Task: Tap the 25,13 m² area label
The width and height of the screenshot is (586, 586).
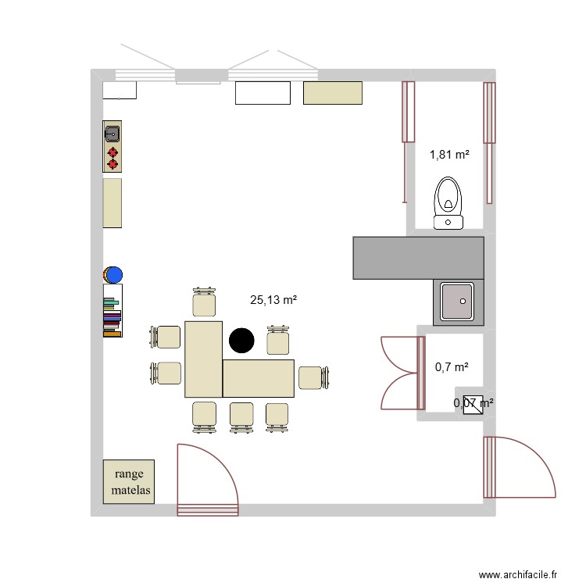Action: point(273,299)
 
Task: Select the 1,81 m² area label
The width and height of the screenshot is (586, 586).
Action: point(449,155)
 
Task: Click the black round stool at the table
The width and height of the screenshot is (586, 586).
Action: point(241,341)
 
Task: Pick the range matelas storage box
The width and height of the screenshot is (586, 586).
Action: point(129,481)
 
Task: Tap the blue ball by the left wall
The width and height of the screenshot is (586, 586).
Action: point(114,275)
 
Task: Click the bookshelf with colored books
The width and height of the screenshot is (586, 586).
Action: point(113,311)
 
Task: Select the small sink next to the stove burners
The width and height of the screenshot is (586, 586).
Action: point(112,132)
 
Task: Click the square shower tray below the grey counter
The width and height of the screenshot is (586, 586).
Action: point(459,302)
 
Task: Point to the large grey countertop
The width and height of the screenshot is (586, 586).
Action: point(417,258)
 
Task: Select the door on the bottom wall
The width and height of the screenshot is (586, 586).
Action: point(207,481)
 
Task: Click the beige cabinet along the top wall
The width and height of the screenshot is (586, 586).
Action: point(333,93)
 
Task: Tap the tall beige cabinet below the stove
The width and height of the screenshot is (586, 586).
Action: point(113,203)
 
